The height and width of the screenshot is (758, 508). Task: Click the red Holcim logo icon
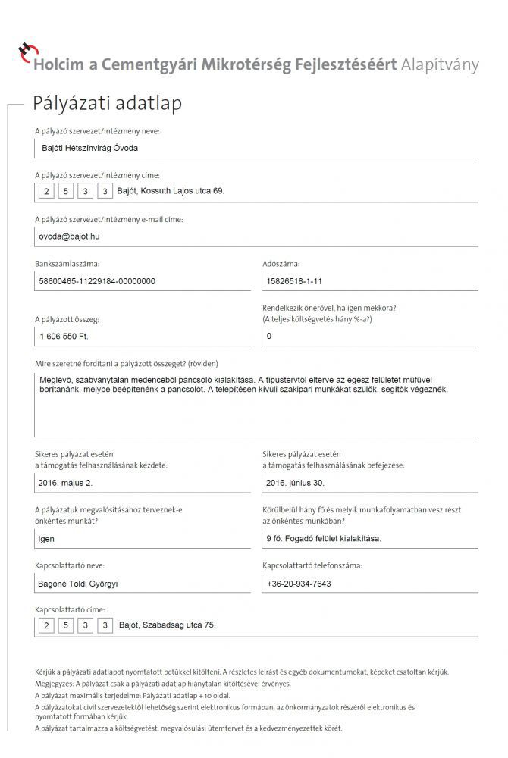point(26,52)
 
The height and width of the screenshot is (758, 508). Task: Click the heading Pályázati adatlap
point(106,103)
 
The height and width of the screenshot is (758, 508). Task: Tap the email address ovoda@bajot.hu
point(69,236)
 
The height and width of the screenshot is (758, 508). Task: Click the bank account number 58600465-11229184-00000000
point(97,281)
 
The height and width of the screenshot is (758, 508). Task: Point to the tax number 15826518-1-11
point(295,281)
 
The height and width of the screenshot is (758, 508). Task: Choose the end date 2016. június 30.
point(296,481)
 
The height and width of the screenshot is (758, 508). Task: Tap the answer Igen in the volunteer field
point(46,539)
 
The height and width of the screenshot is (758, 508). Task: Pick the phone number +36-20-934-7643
point(299,584)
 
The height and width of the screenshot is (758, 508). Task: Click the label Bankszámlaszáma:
point(67,265)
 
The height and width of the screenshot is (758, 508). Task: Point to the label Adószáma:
point(281,265)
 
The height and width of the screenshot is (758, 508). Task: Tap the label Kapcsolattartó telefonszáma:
point(312,565)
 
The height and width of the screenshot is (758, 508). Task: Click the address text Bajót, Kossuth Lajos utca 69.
point(171,191)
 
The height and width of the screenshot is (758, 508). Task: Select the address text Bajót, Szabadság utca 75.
point(168,625)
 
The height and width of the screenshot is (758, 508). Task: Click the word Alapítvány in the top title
point(440,64)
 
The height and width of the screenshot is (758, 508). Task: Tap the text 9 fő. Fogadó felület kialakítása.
point(324,539)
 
